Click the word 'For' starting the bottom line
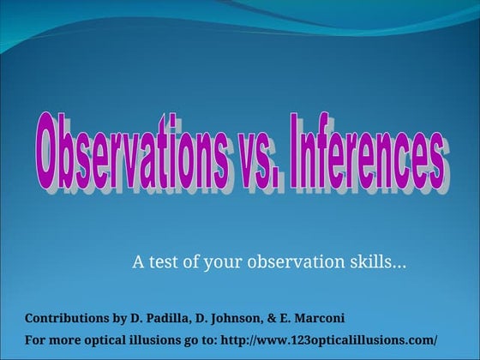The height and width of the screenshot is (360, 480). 35,339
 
